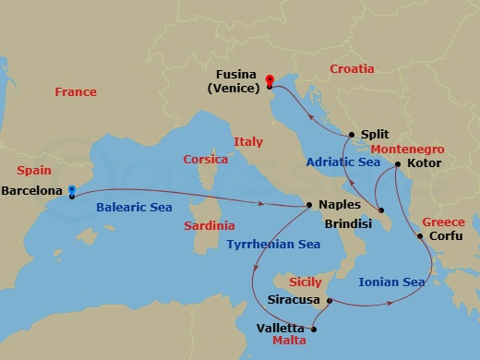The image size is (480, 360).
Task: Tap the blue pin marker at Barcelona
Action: pyautogui.click(x=71, y=193)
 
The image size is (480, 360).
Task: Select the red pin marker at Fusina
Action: pyautogui.click(x=270, y=81)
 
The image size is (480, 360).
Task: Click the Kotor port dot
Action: pyautogui.click(x=397, y=165)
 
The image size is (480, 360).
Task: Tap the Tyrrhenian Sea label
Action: pyautogui.click(x=274, y=244)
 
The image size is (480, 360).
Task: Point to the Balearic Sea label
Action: pyautogui.click(x=134, y=208)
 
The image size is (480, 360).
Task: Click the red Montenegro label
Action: pyautogui.click(x=407, y=149)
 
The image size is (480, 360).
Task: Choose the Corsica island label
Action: pyautogui.click(x=206, y=159)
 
